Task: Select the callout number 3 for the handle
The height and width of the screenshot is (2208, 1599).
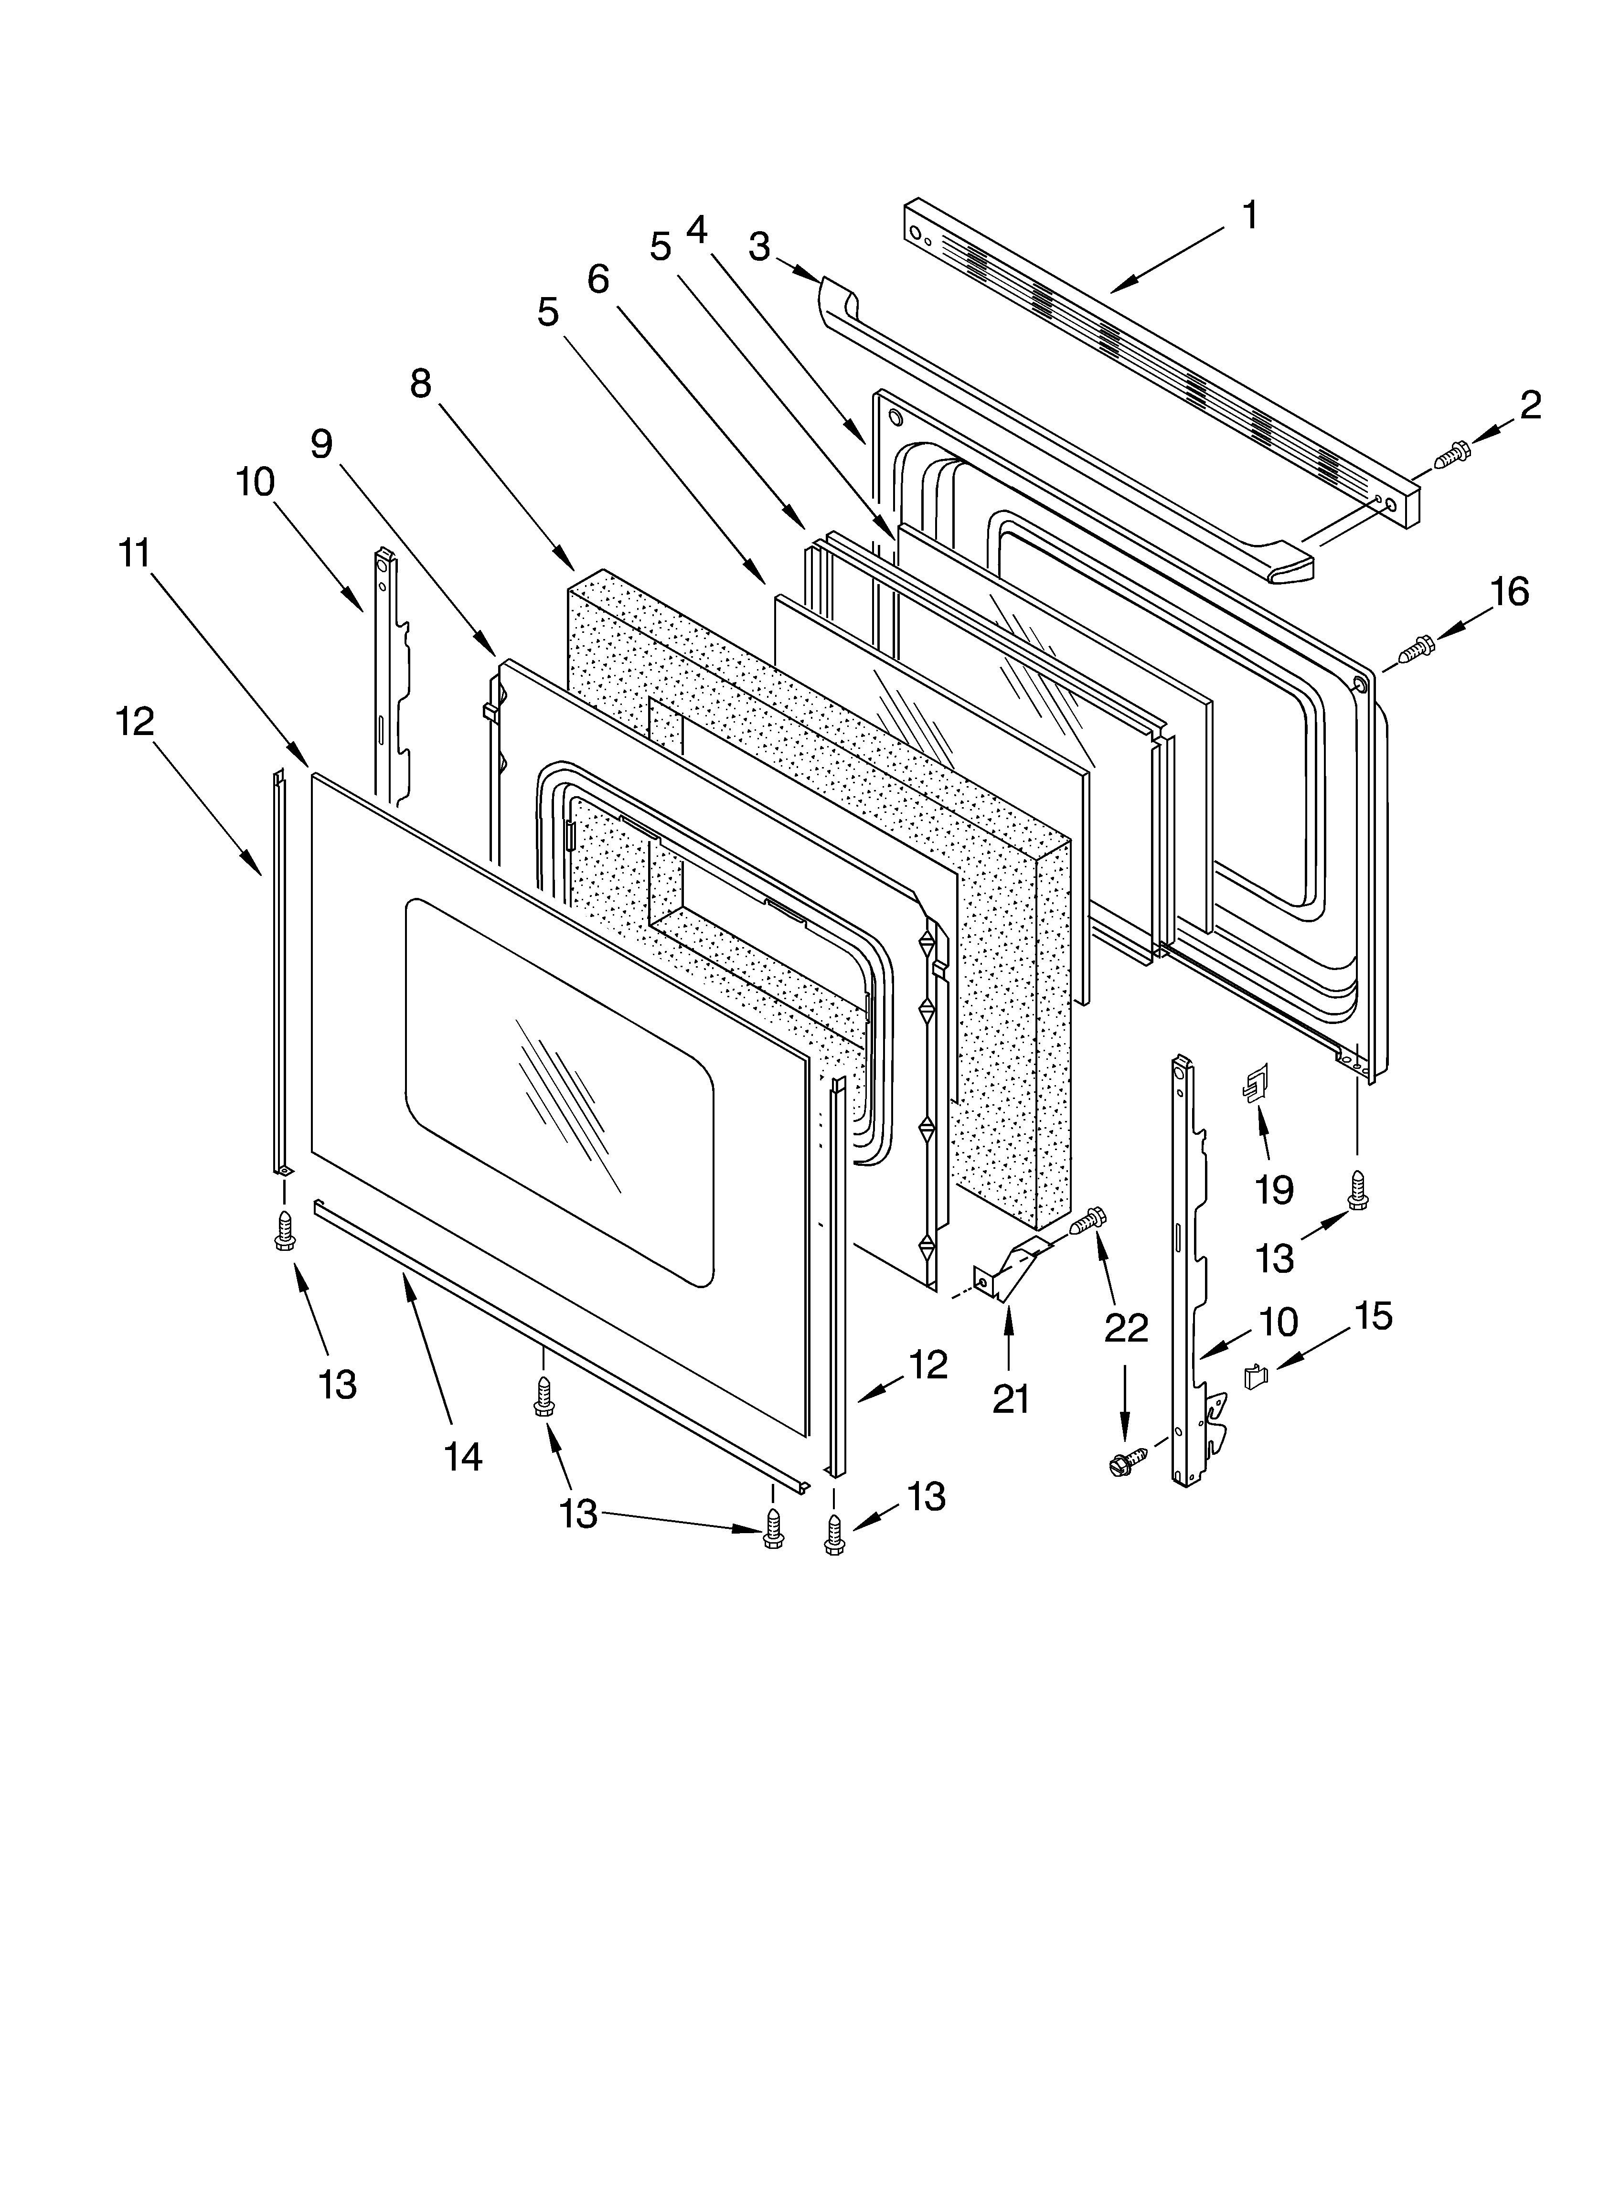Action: [759, 247]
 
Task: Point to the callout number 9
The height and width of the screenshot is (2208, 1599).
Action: [321, 445]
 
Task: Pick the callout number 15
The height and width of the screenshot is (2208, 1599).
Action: [1373, 1316]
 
